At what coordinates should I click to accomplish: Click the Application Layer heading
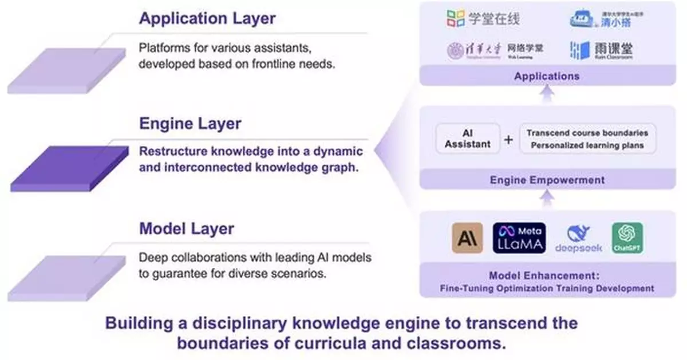coord(207,18)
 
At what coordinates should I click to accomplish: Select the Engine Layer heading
coord(190,124)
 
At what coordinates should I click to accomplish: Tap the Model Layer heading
coord(187,229)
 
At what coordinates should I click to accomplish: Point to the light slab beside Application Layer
coord(66,70)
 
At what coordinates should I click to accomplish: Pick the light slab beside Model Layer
coord(66,278)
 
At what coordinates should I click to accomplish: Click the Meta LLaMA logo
coord(519,238)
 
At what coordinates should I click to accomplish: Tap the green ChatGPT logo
coord(627,238)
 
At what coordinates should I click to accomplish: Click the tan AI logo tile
coord(467,238)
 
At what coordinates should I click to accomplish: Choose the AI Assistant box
coord(468,139)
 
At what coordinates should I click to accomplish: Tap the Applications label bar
coord(546,76)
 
